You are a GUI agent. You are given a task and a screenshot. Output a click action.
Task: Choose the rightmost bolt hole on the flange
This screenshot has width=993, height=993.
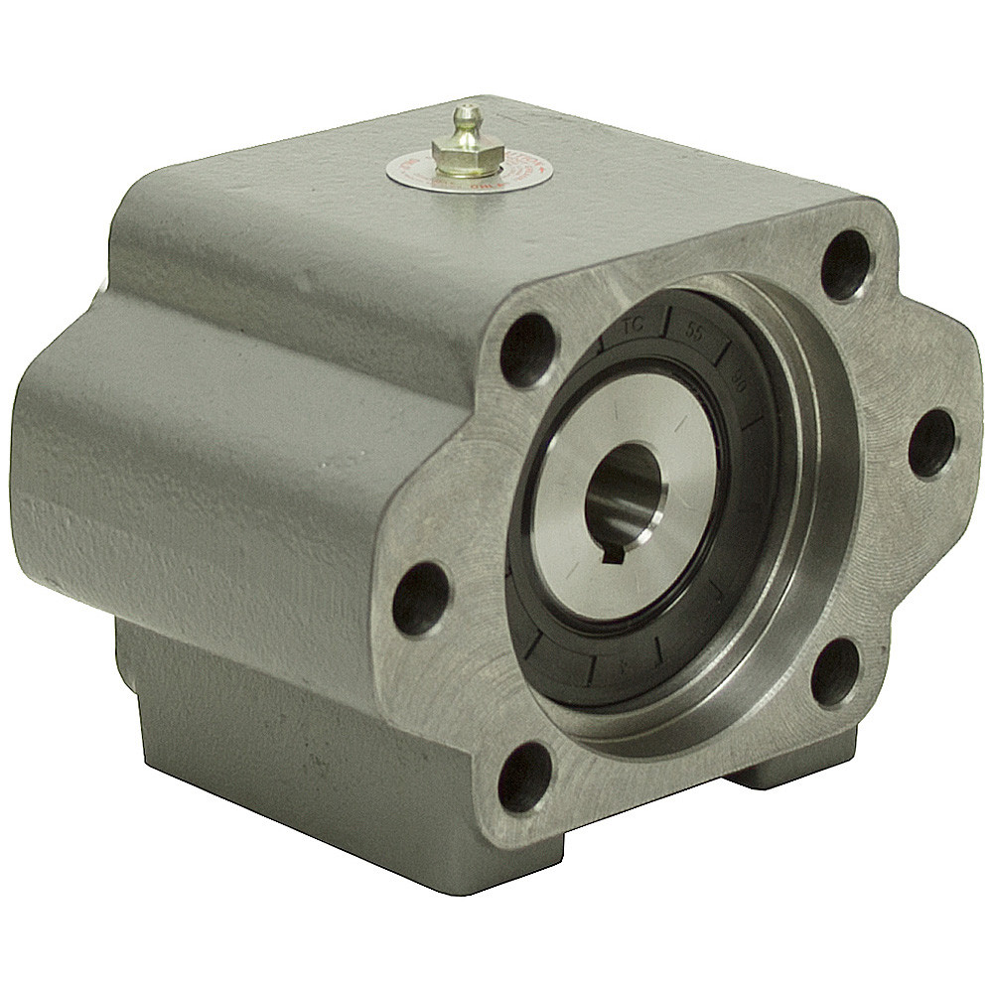click(x=931, y=443)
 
